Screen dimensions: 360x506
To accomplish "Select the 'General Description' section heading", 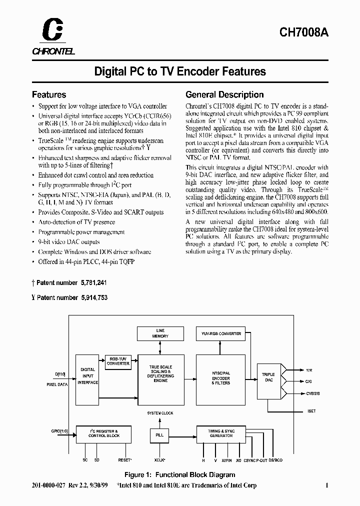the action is (x=224, y=94).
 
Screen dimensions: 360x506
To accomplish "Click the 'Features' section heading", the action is (x=49, y=94).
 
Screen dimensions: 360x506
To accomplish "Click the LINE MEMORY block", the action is (x=160, y=334).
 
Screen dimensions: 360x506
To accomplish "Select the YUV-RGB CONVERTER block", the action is (x=221, y=334).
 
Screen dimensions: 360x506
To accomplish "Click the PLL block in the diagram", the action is (x=160, y=435).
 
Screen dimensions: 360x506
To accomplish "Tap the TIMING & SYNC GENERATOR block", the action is (x=221, y=433).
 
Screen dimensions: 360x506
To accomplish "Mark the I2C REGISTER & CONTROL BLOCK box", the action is (x=103, y=433).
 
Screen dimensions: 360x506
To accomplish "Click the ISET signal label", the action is (x=311, y=411).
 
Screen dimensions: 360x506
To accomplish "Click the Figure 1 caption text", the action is (x=179, y=474).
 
